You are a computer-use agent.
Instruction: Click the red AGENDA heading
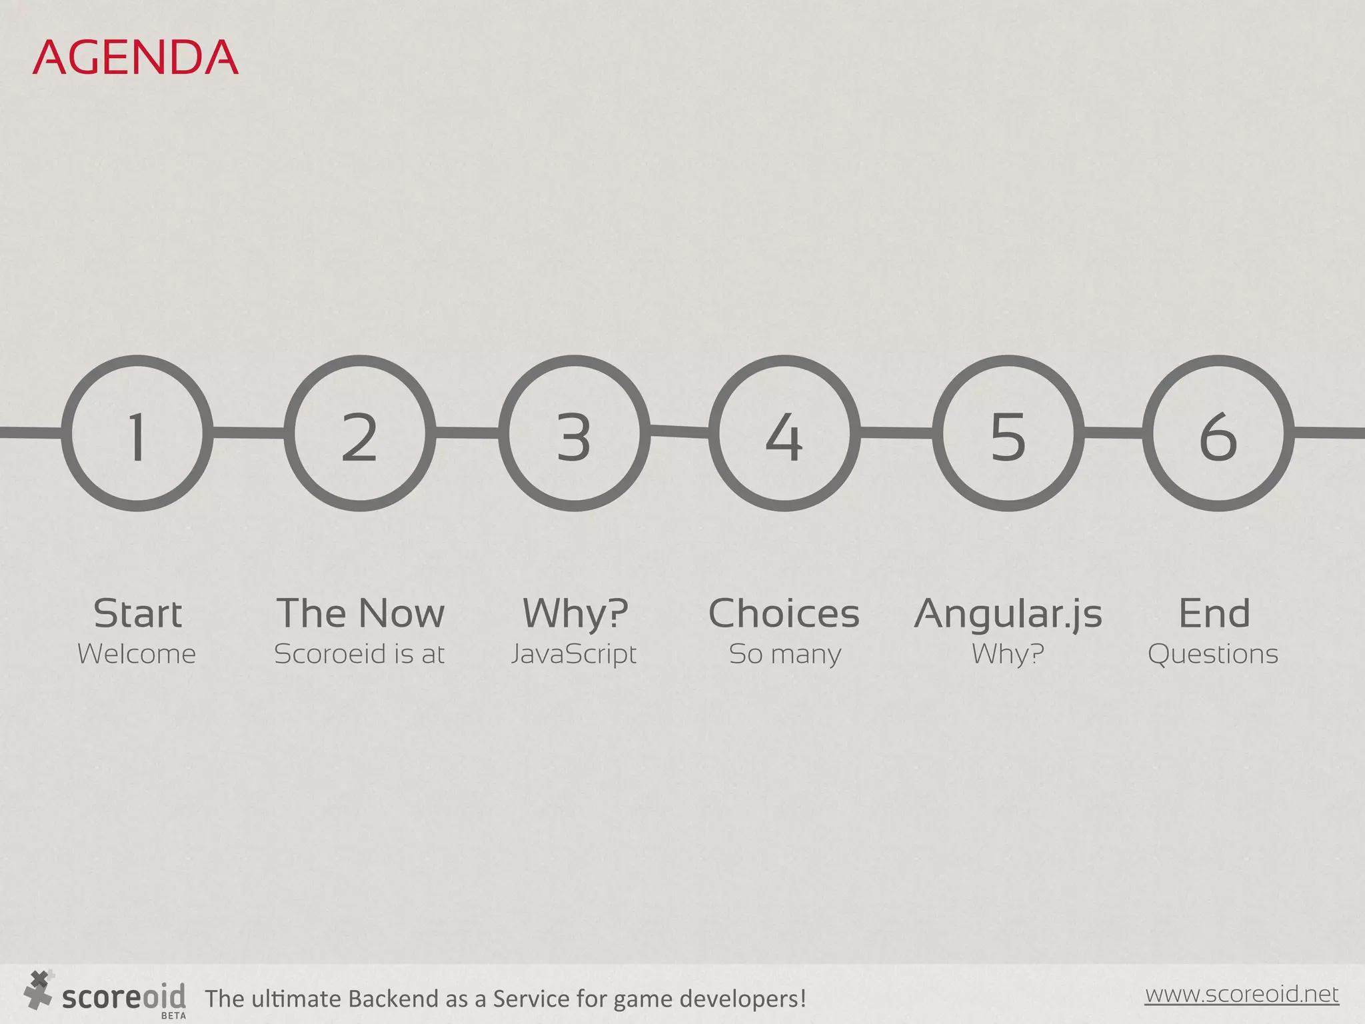135,57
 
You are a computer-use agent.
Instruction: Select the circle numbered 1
137,434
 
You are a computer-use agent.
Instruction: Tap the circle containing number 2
360,434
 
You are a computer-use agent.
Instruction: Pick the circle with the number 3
575,434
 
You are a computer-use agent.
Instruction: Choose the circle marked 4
784,434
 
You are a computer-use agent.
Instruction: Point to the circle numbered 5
1008,434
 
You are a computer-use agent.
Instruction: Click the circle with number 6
1218,434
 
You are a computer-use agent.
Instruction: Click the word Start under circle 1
137,613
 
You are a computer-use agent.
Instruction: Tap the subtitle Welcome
137,654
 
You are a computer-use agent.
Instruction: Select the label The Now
360,613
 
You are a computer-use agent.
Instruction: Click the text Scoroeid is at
359,654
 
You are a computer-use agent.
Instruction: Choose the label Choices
784,613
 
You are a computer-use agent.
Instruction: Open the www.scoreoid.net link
1242,994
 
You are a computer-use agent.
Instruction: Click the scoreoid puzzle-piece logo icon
38,989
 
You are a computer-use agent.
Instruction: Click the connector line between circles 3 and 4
679,432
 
